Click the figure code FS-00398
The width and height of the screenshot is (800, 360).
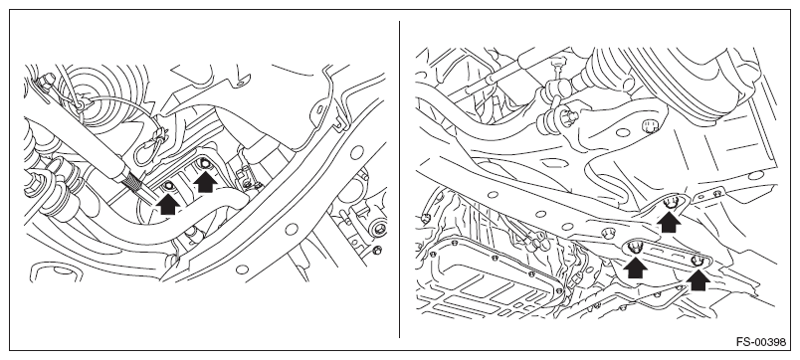tap(761, 342)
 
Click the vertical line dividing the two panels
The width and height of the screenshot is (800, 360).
tap(399, 179)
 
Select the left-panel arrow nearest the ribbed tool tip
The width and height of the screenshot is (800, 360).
tap(168, 204)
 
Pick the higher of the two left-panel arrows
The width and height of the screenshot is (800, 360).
tap(205, 182)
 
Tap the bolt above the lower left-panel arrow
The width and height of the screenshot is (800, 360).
tap(167, 187)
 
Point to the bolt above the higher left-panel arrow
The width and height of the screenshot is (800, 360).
tap(205, 164)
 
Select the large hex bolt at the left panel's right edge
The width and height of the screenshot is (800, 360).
tap(379, 229)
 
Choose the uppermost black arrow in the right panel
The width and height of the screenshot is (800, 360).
tap(669, 223)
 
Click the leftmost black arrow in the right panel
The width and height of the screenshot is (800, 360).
tap(635, 268)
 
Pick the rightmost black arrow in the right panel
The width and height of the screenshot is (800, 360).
tap(698, 279)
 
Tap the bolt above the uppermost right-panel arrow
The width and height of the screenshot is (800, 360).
tap(673, 202)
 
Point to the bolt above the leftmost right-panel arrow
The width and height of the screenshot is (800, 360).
tap(635, 249)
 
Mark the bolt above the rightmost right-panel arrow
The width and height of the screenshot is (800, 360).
tap(697, 261)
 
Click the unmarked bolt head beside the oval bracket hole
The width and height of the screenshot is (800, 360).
tap(650, 125)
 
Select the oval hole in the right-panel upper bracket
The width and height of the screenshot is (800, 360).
tap(623, 133)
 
